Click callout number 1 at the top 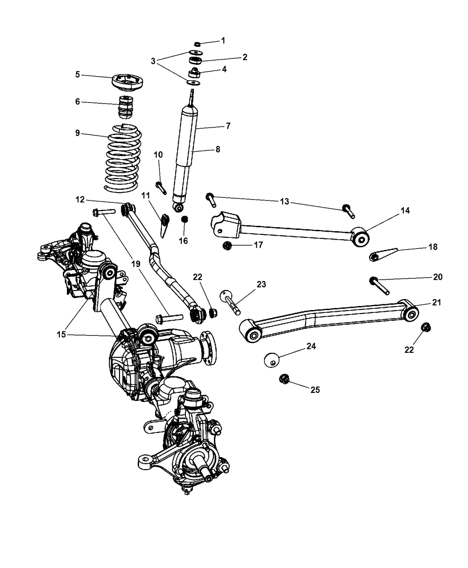click(223, 41)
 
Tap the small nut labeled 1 click(197, 44)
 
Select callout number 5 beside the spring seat click(78, 74)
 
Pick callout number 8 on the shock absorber click(218, 150)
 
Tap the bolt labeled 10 click(161, 187)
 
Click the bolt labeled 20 click(379, 285)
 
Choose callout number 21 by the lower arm click(437, 302)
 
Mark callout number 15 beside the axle click(62, 334)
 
